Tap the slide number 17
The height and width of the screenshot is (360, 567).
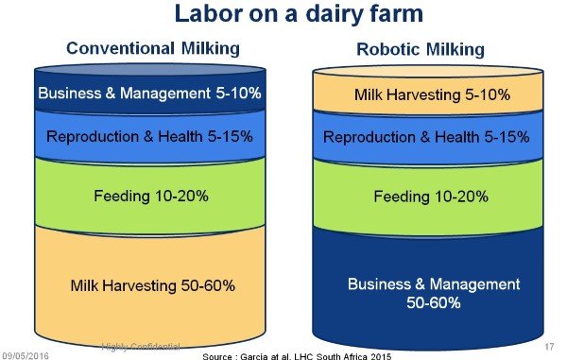point(549,347)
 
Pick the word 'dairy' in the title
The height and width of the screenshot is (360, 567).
point(305,16)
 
